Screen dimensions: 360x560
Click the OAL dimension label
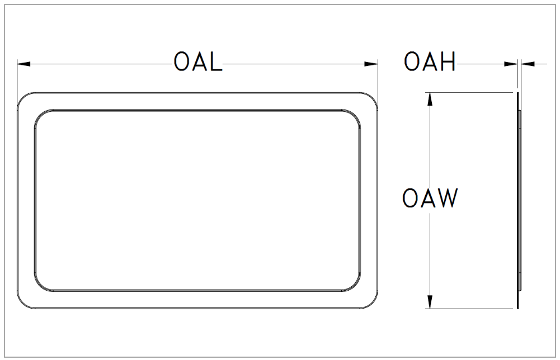[198, 63]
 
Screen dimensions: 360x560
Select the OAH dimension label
[430, 63]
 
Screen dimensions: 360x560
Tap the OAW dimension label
[430, 199]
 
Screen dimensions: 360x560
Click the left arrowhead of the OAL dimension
[22, 64]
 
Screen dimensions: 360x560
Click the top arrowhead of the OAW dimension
[430, 98]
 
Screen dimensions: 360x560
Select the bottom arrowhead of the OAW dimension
[430, 302]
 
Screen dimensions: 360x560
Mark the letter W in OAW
[448, 199]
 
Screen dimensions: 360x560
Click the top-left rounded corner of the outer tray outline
[23, 99]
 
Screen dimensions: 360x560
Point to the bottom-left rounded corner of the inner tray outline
[41, 285]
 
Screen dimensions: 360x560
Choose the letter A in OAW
[429, 199]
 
